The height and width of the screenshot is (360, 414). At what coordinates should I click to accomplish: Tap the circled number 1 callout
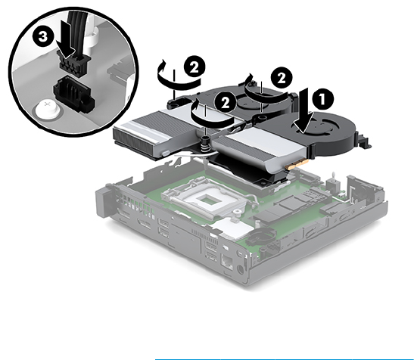tap(322, 99)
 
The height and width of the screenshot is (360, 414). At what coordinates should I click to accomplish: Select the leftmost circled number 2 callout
tap(194, 68)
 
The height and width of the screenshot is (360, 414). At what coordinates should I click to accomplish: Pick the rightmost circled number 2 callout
tap(282, 78)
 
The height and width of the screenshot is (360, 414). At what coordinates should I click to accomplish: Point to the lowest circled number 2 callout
tap(226, 102)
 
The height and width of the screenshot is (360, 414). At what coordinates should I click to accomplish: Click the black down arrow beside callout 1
tap(303, 111)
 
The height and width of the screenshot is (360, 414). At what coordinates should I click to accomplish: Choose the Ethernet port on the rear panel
tap(227, 262)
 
